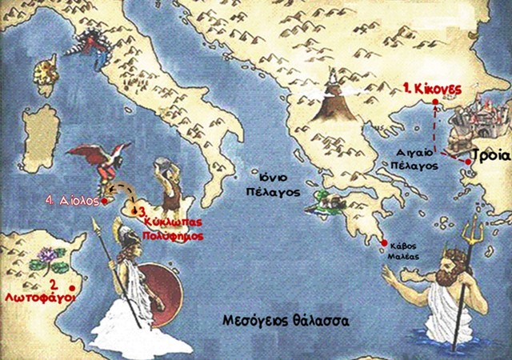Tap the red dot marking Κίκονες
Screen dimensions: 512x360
coord(434,102)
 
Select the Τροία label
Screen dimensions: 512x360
coord(488,155)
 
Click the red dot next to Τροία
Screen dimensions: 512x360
coord(467,162)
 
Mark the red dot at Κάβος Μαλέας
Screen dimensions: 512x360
coord(385,244)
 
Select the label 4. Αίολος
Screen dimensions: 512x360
coord(74,201)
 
